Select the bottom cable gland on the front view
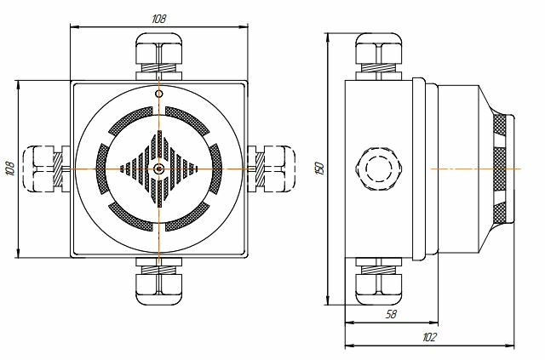pyautogui.click(x=158, y=281)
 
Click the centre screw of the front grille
pyautogui.click(x=159, y=169)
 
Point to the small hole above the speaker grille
pyautogui.click(x=159, y=92)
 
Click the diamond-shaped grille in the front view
pyautogui.click(x=159, y=169)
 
